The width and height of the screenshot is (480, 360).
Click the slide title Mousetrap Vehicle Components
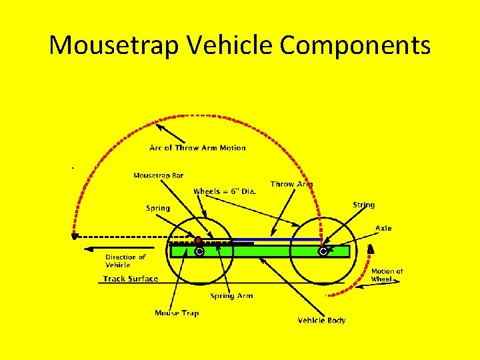[240, 45]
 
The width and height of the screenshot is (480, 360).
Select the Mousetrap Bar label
[158, 176]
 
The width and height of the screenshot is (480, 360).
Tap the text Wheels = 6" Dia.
[225, 191]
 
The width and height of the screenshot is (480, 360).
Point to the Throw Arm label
[291, 184]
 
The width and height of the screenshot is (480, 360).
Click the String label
[363, 205]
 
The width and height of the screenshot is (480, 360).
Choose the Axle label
[383, 228]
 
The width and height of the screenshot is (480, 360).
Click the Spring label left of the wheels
[158, 208]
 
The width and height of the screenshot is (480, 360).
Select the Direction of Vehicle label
[125, 261]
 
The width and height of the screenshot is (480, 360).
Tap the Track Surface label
[131, 279]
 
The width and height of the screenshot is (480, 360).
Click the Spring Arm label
[231, 296]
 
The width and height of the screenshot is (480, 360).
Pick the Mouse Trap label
[177, 313]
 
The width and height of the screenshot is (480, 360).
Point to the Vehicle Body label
[321, 321]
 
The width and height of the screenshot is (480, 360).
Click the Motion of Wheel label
[387, 275]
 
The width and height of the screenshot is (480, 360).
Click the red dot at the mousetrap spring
[198, 240]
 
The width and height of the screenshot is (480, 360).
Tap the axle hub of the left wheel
[199, 252]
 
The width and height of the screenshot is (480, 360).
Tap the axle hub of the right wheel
[323, 252]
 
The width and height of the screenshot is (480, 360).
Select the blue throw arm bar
[273, 239]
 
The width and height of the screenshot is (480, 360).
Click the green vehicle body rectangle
[260, 251]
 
